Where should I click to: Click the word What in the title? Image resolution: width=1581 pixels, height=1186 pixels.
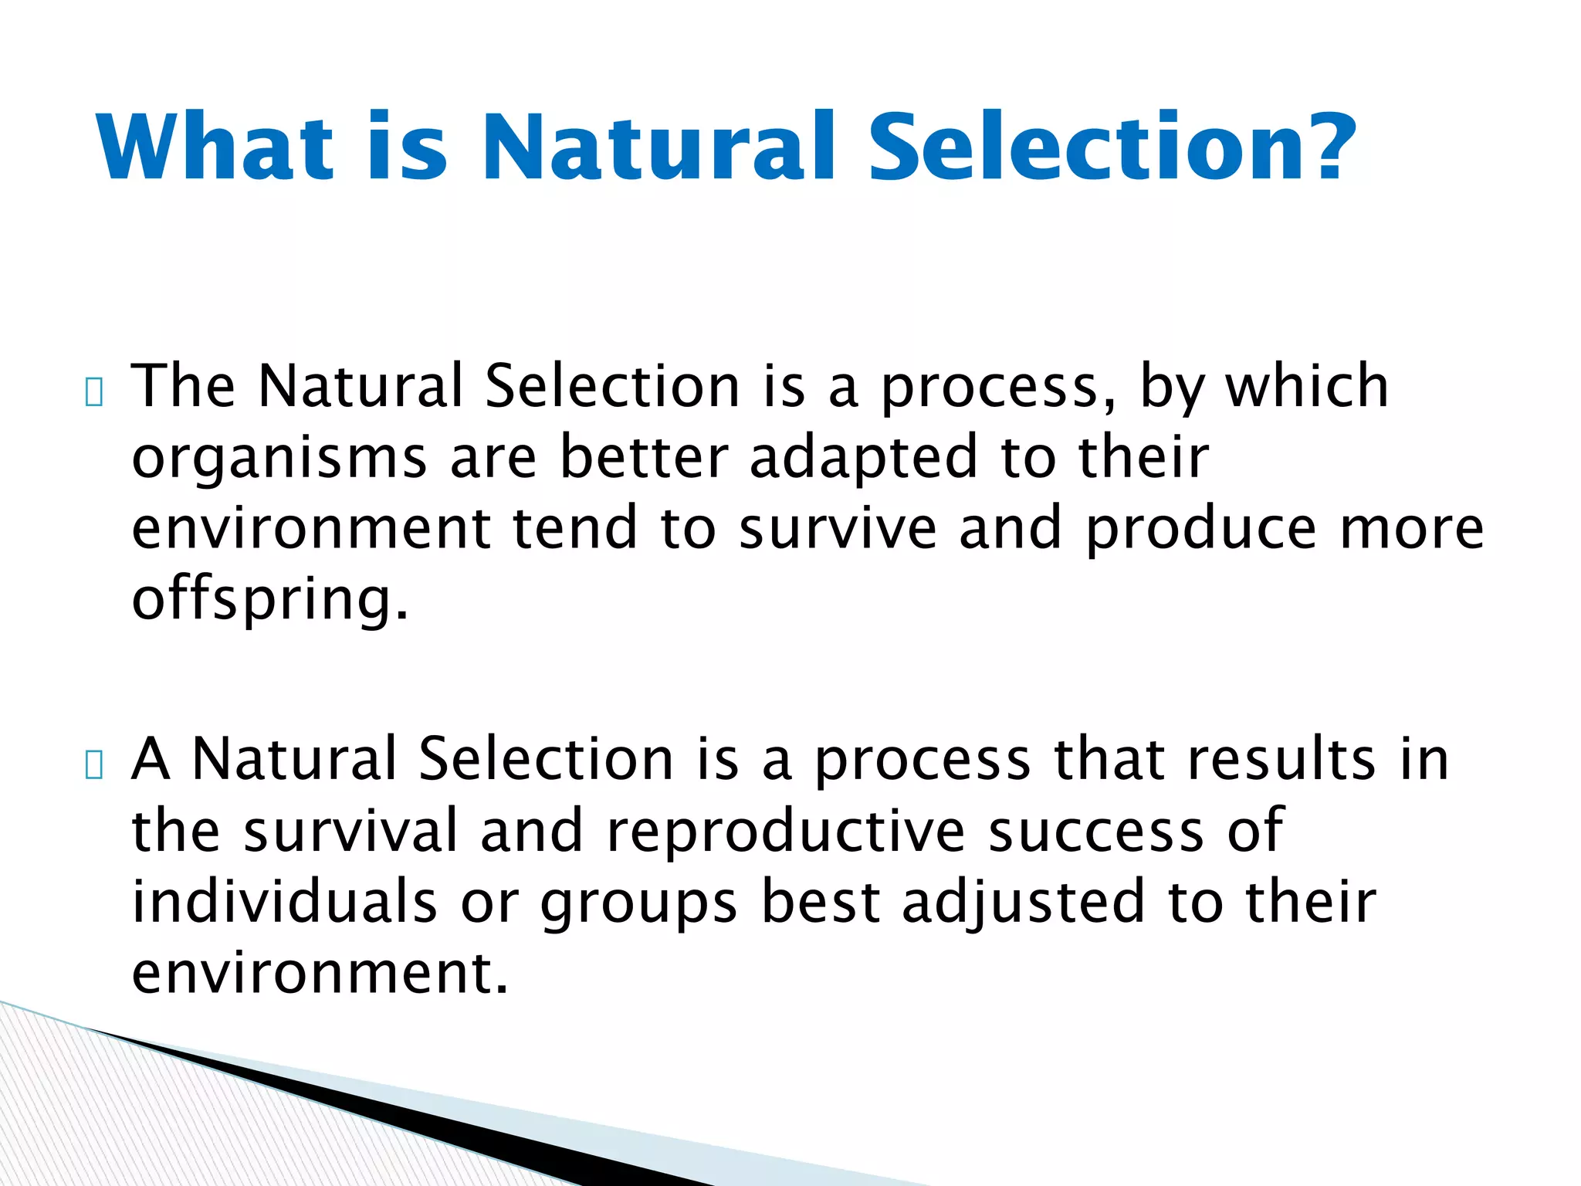(215, 147)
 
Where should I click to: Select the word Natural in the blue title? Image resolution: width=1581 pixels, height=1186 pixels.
(660, 147)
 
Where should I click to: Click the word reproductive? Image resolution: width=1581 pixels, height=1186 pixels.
(785, 831)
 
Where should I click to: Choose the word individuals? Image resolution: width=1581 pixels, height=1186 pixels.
(284, 902)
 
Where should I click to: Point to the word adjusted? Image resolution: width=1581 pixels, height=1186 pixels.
(1024, 902)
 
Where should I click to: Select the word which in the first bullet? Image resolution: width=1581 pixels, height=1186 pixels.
(1307, 386)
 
